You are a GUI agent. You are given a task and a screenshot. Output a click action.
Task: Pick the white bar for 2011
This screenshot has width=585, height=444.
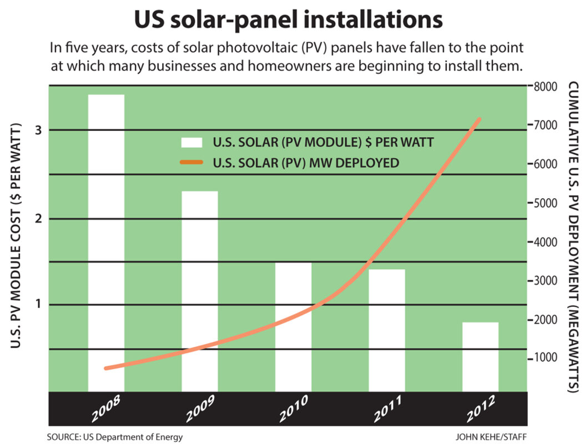[x=387, y=330]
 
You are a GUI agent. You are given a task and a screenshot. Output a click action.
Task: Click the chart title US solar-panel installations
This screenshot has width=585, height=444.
[x=288, y=20]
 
